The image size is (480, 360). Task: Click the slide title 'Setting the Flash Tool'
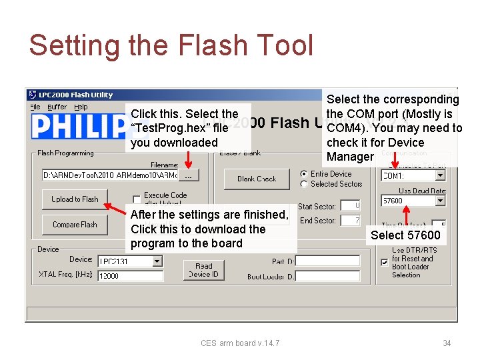(171, 45)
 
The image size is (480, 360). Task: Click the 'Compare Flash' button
(75, 225)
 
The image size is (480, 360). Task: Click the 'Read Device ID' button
(204, 270)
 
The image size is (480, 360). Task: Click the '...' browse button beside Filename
(189, 175)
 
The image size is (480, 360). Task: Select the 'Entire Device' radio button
(304, 174)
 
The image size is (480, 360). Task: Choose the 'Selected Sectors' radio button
(304, 184)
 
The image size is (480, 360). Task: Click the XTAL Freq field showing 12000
(130, 276)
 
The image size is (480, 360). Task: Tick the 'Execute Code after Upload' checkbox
(137, 199)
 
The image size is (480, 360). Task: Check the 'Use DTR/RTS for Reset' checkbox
(383, 263)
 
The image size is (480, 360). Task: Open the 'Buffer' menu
(57, 107)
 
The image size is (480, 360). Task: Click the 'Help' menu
(81, 107)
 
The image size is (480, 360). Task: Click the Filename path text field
(110, 175)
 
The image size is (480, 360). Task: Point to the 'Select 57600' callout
(405, 235)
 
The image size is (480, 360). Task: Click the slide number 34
(447, 343)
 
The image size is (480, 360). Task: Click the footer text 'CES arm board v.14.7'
(240, 343)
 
